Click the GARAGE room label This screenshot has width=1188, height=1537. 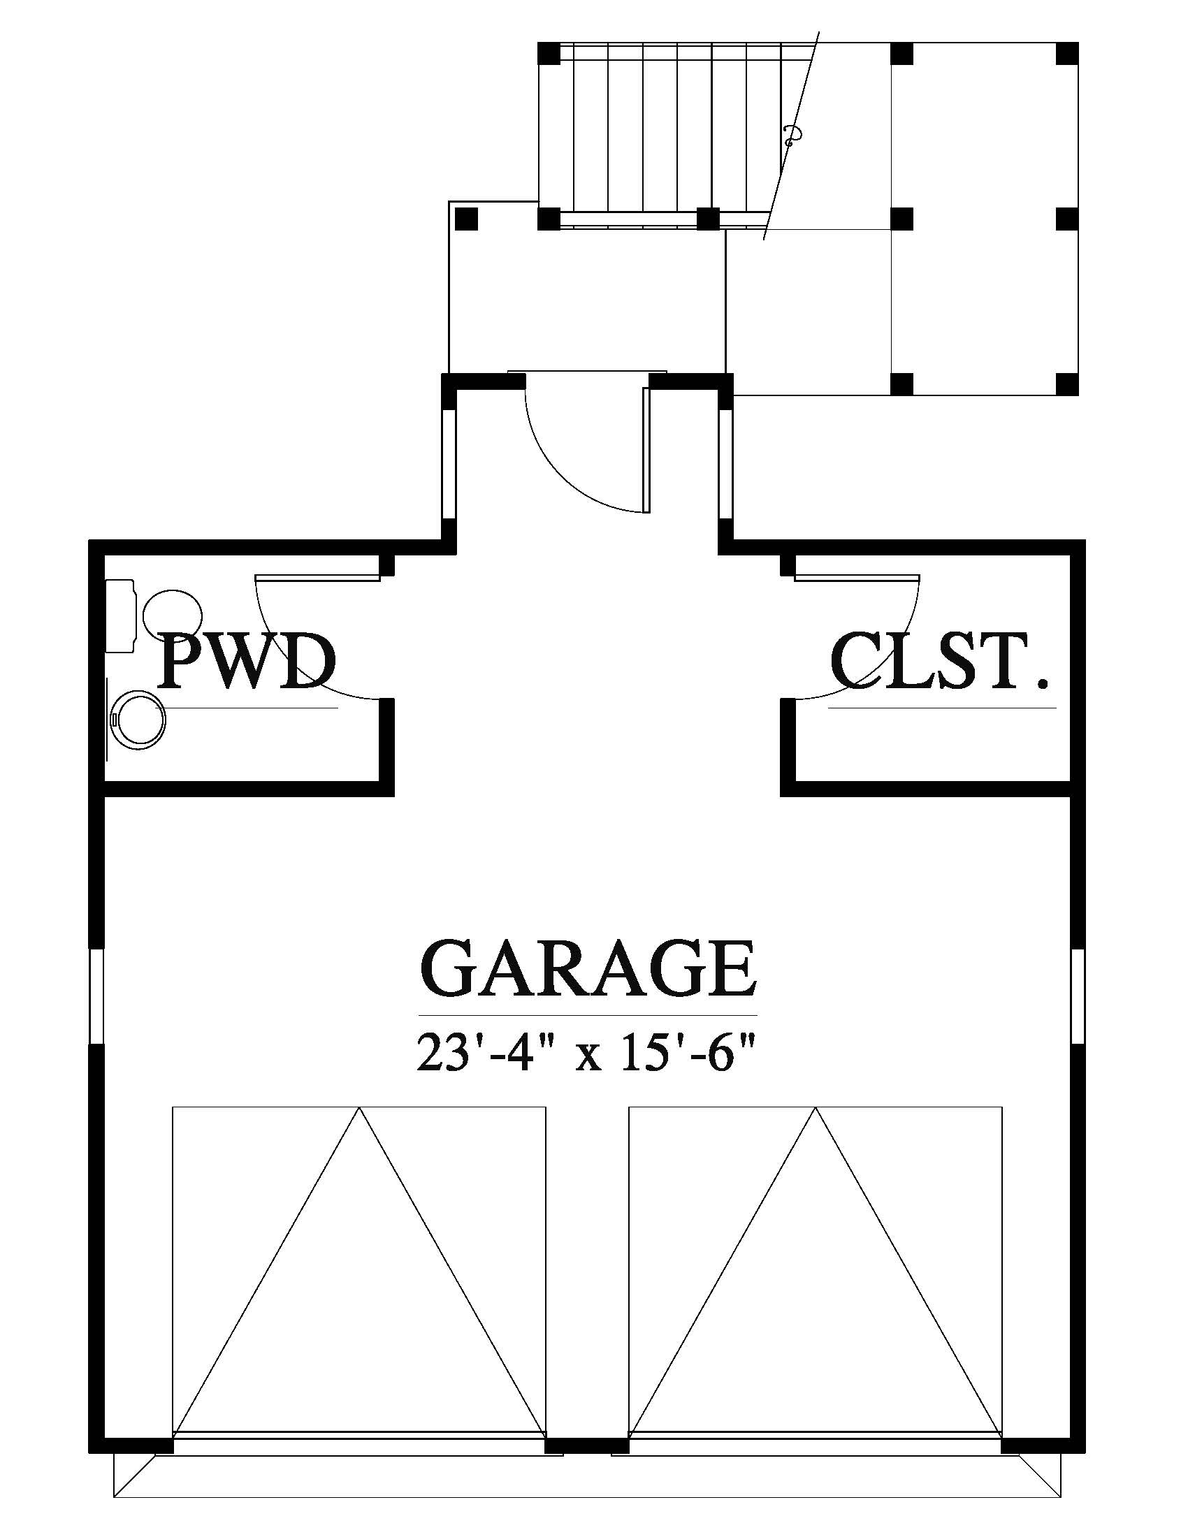click(588, 968)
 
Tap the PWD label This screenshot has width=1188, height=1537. click(245, 662)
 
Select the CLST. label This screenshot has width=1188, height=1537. click(940, 662)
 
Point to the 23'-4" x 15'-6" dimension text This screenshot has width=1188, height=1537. click(588, 1053)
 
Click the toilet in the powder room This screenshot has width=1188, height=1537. click(154, 614)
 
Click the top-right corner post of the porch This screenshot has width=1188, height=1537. click(1068, 53)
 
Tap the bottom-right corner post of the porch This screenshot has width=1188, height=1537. click(1068, 384)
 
